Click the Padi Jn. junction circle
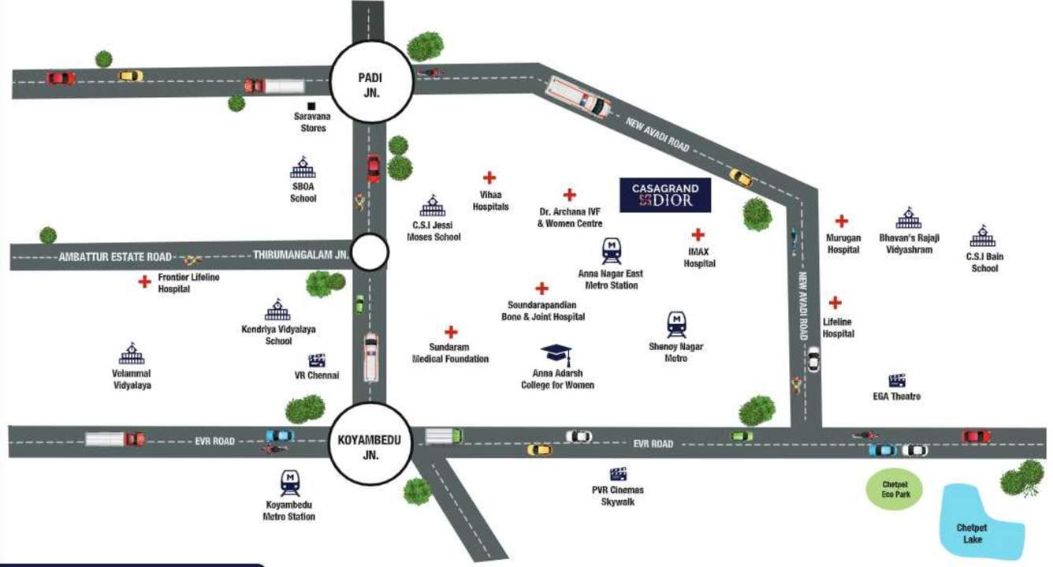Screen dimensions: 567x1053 tap(371, 82)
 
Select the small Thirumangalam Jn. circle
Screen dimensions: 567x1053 tap(370, 254)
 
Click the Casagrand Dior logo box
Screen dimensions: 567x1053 tap(664, 195)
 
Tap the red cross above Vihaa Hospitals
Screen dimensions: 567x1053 tap(489, 178)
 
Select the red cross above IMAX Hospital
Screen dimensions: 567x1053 tap(698, 234)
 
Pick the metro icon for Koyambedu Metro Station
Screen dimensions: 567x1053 tap(289, 482)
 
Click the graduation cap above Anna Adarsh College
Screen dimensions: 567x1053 tap(556, 355)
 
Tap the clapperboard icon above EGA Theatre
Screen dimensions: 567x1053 tap(896, 380)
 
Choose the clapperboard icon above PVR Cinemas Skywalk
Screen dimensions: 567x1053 tap(619, 474)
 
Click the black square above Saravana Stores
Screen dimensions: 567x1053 tap(311, 106)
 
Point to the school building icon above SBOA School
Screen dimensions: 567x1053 tap(303, 169)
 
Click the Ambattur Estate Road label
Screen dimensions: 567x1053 tap(115, 256)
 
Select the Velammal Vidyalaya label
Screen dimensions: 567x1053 tap(132, 379)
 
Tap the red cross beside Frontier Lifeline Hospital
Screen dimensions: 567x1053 tap(144, 282)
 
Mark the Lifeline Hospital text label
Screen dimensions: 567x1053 tap(839, 328)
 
